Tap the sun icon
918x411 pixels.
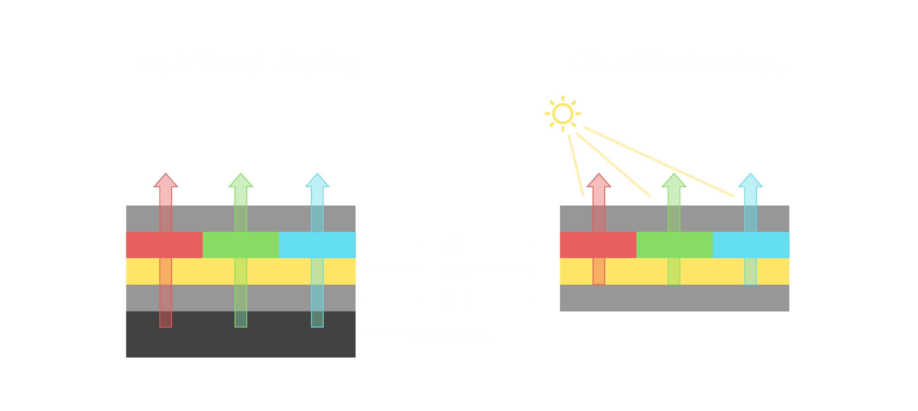pos(563,114)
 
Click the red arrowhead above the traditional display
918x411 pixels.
pos(166,181)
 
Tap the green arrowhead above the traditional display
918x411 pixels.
pos(241,181)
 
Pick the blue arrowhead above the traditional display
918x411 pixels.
pos(317,181)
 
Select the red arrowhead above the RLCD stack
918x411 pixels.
pos(599,181)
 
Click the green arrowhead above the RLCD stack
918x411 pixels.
pos(674,181)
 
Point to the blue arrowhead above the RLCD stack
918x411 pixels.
pos(750,181)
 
